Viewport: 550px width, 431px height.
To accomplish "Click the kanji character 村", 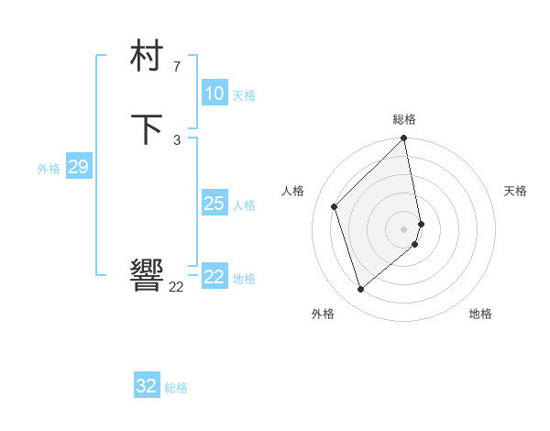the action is [x=148, y=58].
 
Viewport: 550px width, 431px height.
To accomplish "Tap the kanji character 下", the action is [x=148, y=129].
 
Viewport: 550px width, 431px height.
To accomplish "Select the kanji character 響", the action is [x=148, y=274].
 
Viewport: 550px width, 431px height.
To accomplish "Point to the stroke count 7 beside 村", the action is [x=176, y=67].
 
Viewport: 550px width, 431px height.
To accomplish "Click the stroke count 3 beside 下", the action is [x=176, y=139].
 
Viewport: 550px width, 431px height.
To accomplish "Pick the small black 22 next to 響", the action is [x=176, y=286].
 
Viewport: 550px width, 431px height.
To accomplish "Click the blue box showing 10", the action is [x=214, y=94].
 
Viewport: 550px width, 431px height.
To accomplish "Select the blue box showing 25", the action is [x=214, y=204].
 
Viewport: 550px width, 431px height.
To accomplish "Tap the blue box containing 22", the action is [x=214, y=277].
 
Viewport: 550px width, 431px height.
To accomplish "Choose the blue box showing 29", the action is [x=78, y=167].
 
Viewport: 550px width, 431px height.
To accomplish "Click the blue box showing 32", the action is [x=147, y=386].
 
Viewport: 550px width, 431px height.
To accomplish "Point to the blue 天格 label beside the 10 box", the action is [x=244, y=95].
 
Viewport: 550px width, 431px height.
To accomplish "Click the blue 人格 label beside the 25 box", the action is [x=244, y=205].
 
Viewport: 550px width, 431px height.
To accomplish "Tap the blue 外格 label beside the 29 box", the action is [x=49, y=169].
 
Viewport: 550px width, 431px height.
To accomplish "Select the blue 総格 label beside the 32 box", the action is [x=176, y=388].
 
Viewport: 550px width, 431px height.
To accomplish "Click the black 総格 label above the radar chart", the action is [x=404, y=119].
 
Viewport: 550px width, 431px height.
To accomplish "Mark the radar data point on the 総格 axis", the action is [x=404, y=139].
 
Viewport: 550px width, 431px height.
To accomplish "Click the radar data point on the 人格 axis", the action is [x=335, y=206].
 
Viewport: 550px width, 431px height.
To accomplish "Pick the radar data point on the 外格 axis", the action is [x=361, y=290].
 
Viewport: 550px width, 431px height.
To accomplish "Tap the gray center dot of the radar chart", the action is [x=404, y=228].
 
